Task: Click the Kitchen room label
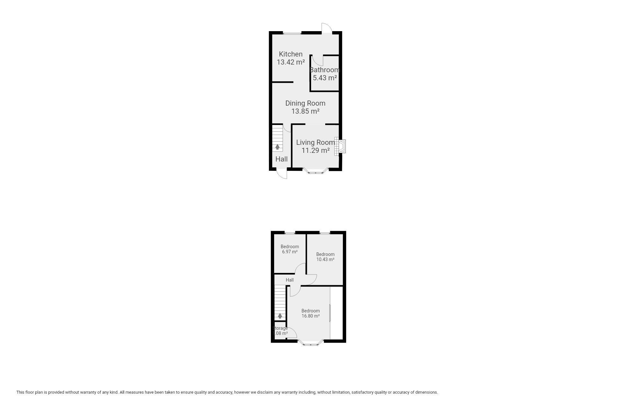(x=291, y=54)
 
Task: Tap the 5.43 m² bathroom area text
(x=325, y=78)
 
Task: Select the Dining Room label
(x=305, y=103)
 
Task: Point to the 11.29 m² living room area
(x=316, y=150)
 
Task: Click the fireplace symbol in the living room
(x=340, y=146)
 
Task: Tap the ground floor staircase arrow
(x=277, y=147)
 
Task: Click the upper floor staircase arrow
(x=280, y=316)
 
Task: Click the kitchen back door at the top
(x=327, y=28)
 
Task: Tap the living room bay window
(x=315, y=171)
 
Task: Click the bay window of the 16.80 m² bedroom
(x=311, y=343)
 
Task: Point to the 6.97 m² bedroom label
(x=290, y=249)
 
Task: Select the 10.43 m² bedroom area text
(x=325, y=259)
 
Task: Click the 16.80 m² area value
(x=310, y=316)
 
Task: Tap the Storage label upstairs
(x=280, y=328)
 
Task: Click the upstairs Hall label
(x=290, y=280)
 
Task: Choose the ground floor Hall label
(x=282, y=159)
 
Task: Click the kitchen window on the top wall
(x=292, y=33)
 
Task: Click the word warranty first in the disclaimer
(x=92, y=392)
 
